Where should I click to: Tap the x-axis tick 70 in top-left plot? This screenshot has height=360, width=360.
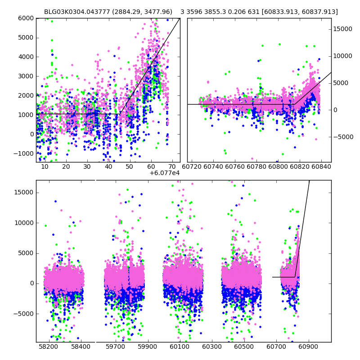click(171, 166)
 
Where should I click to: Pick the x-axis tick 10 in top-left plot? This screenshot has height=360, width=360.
click(45, 166)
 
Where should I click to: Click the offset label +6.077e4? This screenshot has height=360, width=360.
click(164, 173)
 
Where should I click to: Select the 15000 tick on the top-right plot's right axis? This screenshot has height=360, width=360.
click(342, 29)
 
